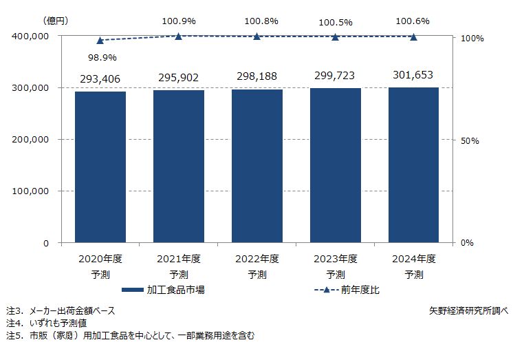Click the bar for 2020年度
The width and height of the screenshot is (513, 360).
point(100,167)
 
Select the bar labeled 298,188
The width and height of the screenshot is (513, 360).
point(257,166)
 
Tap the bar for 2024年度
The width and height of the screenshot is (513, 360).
point(414,165)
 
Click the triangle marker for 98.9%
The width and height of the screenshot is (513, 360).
point(100,41)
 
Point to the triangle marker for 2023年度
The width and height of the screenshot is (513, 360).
point(336,36)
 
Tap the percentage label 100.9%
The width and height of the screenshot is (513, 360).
point(179,21)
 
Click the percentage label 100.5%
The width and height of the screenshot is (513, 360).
point(336,23)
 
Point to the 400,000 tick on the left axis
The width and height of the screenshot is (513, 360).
point(31,36)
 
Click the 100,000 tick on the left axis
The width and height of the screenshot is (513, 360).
point(31,191)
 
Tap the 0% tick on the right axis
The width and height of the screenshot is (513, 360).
point(467,243)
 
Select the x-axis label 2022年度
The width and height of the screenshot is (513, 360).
point(257,260)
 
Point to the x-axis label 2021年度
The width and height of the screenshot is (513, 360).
point(179,260)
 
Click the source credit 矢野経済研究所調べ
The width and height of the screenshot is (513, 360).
point(468,310)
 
